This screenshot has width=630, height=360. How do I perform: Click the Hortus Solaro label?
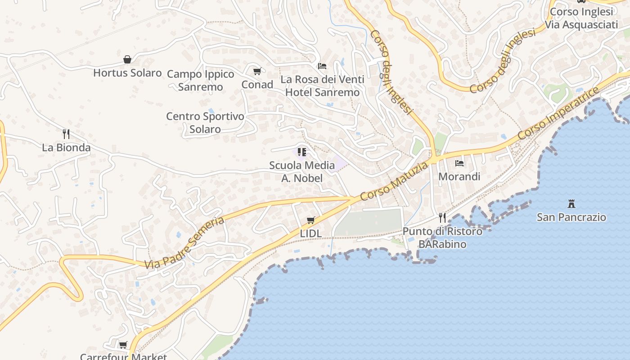coord(127,73)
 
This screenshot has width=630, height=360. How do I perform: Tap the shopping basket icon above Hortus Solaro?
coord(127,59)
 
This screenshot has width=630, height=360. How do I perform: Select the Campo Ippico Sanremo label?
coord(201,80)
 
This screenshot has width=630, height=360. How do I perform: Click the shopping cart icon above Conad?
coord(257,71)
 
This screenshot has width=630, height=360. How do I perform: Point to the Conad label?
coord(257,85)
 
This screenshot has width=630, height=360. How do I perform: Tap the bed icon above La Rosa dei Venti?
coord(322,66)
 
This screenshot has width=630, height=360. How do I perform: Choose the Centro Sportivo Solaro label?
coord(205,122)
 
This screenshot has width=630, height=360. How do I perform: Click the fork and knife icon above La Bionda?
coord(66,134)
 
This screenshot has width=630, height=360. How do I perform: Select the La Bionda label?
coord(66,148)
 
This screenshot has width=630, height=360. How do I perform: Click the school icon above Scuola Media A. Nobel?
coord(302,152)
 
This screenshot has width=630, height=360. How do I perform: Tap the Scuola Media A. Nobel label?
coord(302,171)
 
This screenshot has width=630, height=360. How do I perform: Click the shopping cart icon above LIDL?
coord(310,220)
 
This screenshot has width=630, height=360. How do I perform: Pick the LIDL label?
coord(311,234)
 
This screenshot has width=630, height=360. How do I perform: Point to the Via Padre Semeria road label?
coord(184,243)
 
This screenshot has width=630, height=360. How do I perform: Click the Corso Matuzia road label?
coord(394,181)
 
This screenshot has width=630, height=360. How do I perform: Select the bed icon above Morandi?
coord(459,163)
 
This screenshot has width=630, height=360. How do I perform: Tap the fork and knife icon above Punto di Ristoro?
coord(442,218)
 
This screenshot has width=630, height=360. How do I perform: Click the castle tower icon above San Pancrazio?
coord(571,203)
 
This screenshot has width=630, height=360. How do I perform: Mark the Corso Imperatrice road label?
coord(558,113)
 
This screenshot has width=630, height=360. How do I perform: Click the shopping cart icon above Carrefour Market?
coord(123,345)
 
